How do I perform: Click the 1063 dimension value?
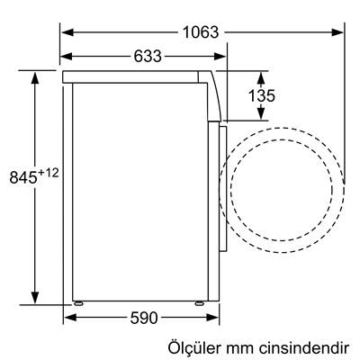pos(200,31)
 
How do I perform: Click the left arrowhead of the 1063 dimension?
pos(67,31)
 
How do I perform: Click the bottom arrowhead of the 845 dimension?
pos(37,301)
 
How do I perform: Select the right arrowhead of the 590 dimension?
pos(213,317)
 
